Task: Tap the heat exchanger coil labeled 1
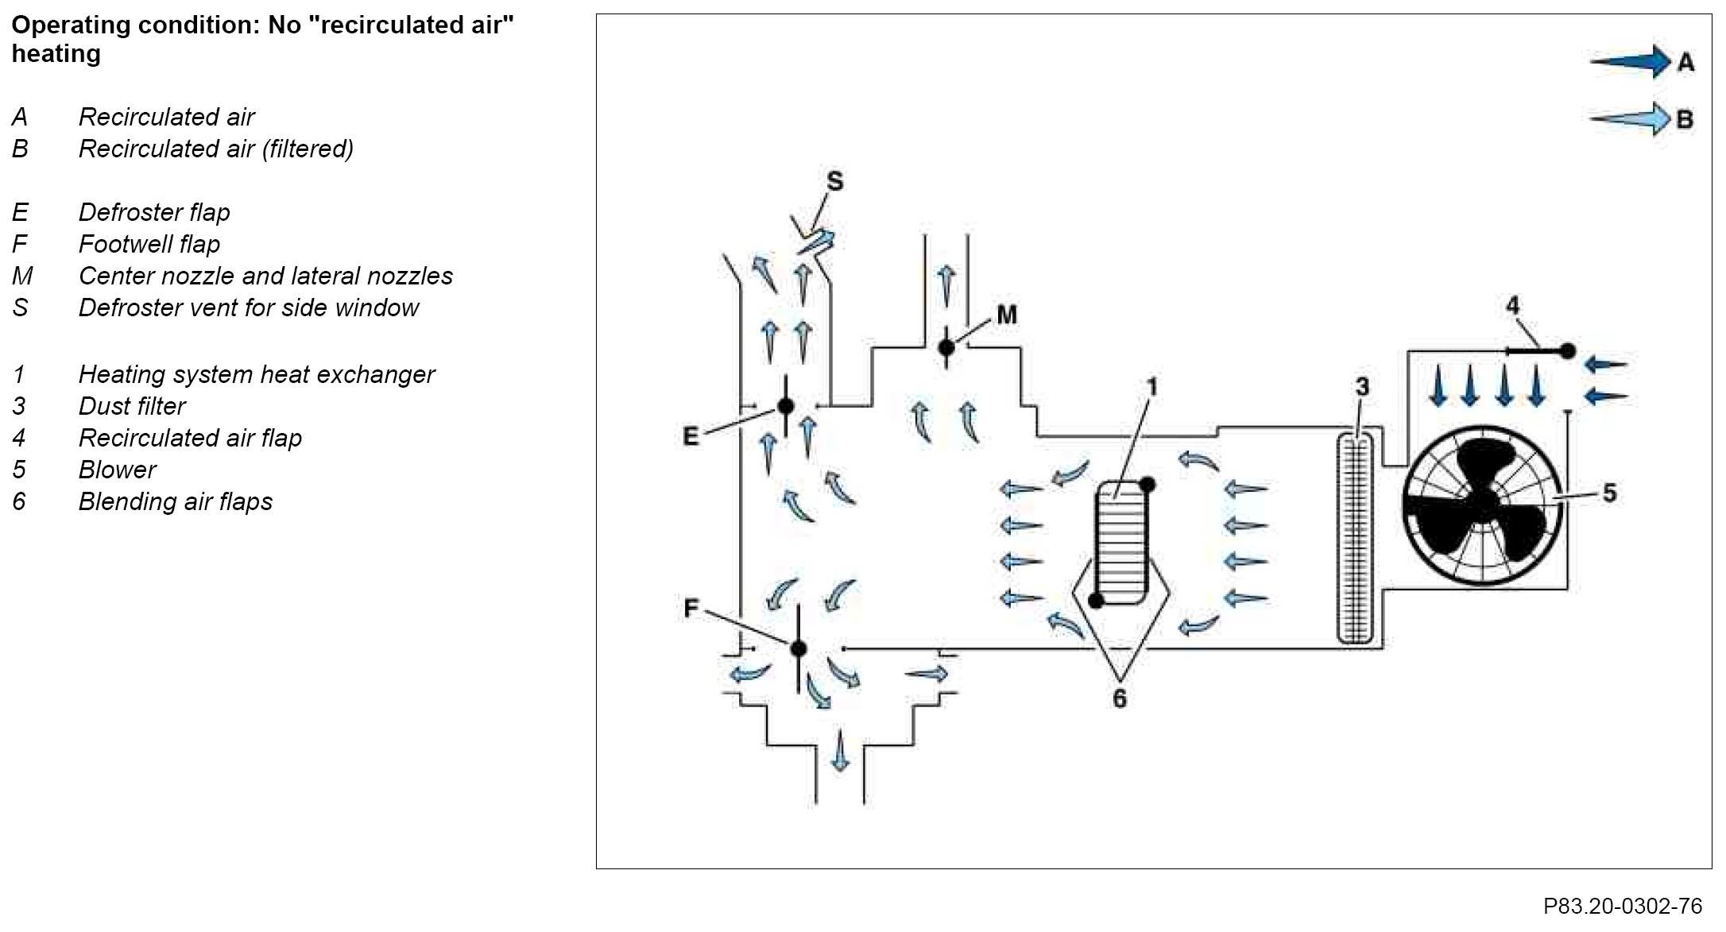tap(1121, 545)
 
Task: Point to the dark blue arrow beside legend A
tap(1629, 61)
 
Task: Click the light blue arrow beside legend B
tap(1629, 119)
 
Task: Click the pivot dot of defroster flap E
tap(786, 407)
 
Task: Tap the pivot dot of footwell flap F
tap(799, 648)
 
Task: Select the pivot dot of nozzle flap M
tap(946, 347)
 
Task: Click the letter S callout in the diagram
tap(834, 182)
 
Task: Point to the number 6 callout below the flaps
tap(1120, 699)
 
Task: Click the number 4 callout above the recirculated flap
tap(1512, 306)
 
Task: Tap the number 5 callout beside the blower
tap(1609, 493)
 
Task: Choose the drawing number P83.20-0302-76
tap(1623, 907)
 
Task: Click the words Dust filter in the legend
tap(132, 406)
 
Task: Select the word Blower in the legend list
tap(117, 470)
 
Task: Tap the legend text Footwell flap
tap(149, 244)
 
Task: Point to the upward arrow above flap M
tap(946, 286)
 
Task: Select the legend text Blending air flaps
tap(175, 501)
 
